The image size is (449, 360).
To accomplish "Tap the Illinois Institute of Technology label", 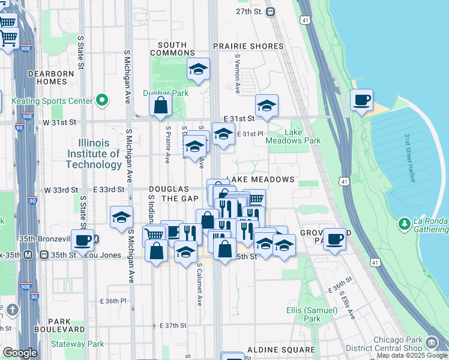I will (94, 154).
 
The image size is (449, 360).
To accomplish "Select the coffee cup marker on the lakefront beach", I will (361, 100).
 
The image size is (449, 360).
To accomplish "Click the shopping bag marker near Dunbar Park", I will (161, 106).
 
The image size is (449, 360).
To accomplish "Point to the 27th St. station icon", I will (271, 11).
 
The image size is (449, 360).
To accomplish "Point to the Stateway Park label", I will (77, 344).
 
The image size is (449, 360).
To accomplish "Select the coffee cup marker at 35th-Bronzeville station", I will (83, 240).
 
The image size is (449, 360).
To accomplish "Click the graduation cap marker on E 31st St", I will (267, 106).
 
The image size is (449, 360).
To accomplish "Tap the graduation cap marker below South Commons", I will (197, 69).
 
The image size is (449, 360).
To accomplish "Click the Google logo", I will (20, 353).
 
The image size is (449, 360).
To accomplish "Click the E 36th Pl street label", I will (113, 300).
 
